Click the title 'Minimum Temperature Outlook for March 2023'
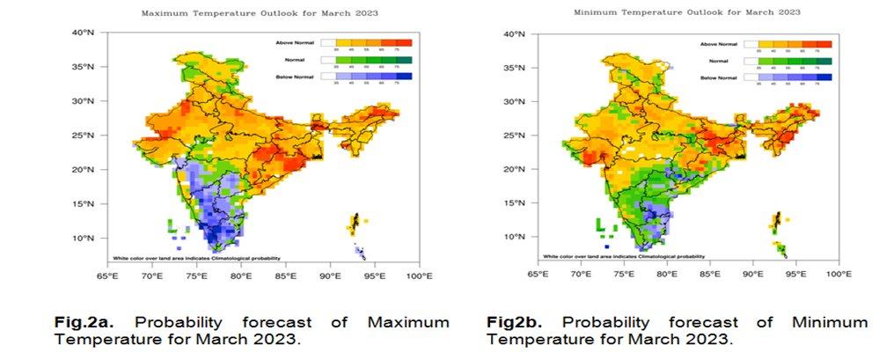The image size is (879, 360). pyautogui.click(x=686, y=12)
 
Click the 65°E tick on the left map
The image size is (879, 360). pyautogui.click(x=106, y=276)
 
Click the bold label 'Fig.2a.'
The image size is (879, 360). pyautogui.click(x=82, y=323)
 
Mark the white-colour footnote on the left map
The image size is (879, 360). pyautogui.click(x=196, y=258)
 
